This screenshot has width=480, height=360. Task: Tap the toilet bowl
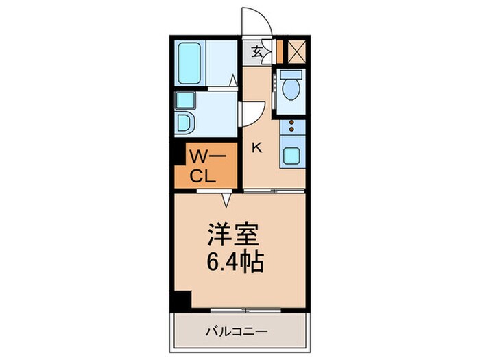pyautogui.click(x=290, y=87)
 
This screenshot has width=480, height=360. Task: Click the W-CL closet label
pyautogui.click(x=204, y=167)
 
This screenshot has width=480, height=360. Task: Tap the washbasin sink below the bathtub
pyautogui.click(x=184, y=101)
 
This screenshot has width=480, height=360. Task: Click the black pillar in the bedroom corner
pyautogui.click(x=182, y=299)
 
